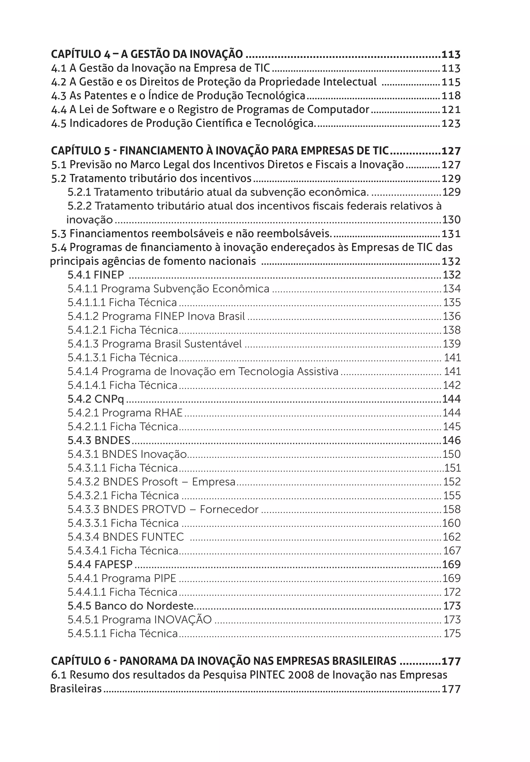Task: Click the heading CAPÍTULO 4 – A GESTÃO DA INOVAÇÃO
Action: pos(147,54)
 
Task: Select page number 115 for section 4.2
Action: pos(451,82)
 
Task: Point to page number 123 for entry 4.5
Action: pos(451,123)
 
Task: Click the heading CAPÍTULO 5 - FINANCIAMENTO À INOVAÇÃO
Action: pos(219,151)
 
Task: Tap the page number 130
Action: pos(451,220)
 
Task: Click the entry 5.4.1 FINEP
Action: pos(95,275)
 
